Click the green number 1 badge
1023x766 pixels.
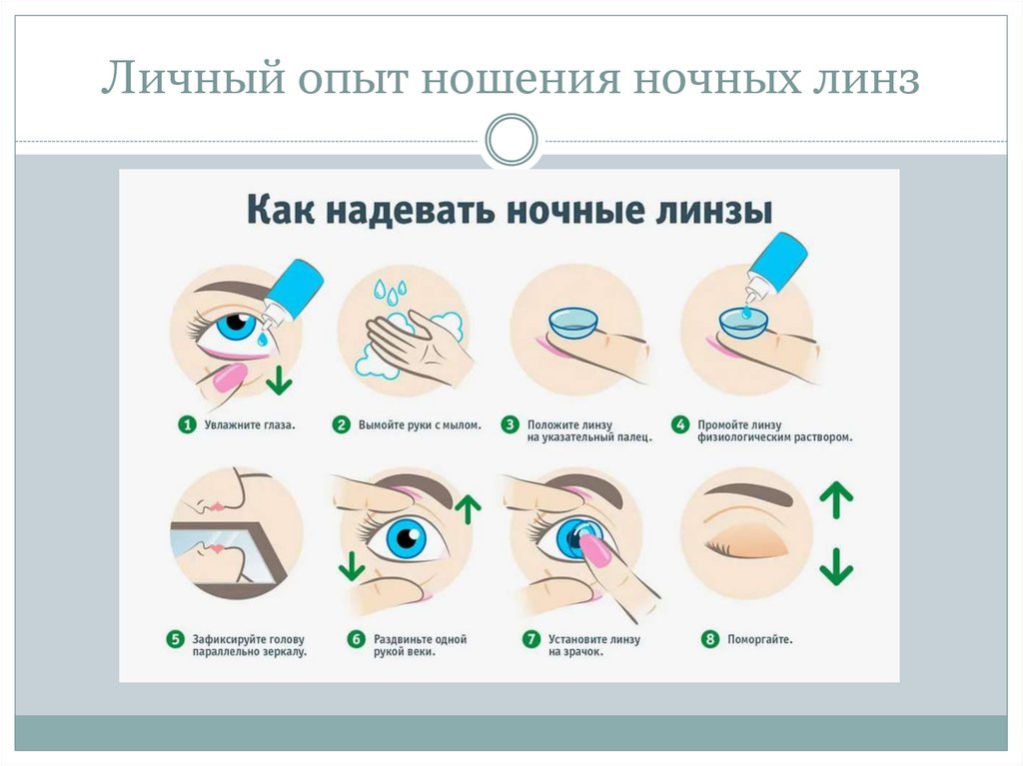click(186, 425)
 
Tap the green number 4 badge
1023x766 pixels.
click(680, 425)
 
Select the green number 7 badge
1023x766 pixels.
click(530, 640)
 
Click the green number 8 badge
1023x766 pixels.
click(710, 640)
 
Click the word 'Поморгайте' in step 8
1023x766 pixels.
click(760, 640)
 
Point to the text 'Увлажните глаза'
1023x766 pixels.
click(251, 425)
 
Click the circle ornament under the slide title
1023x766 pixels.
click(511, 141)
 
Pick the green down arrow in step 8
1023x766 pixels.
click(836, 570)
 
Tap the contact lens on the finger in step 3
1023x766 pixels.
click(574, 324)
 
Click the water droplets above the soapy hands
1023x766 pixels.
click(390, 291)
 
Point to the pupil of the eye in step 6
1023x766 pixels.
click(405, 540)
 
